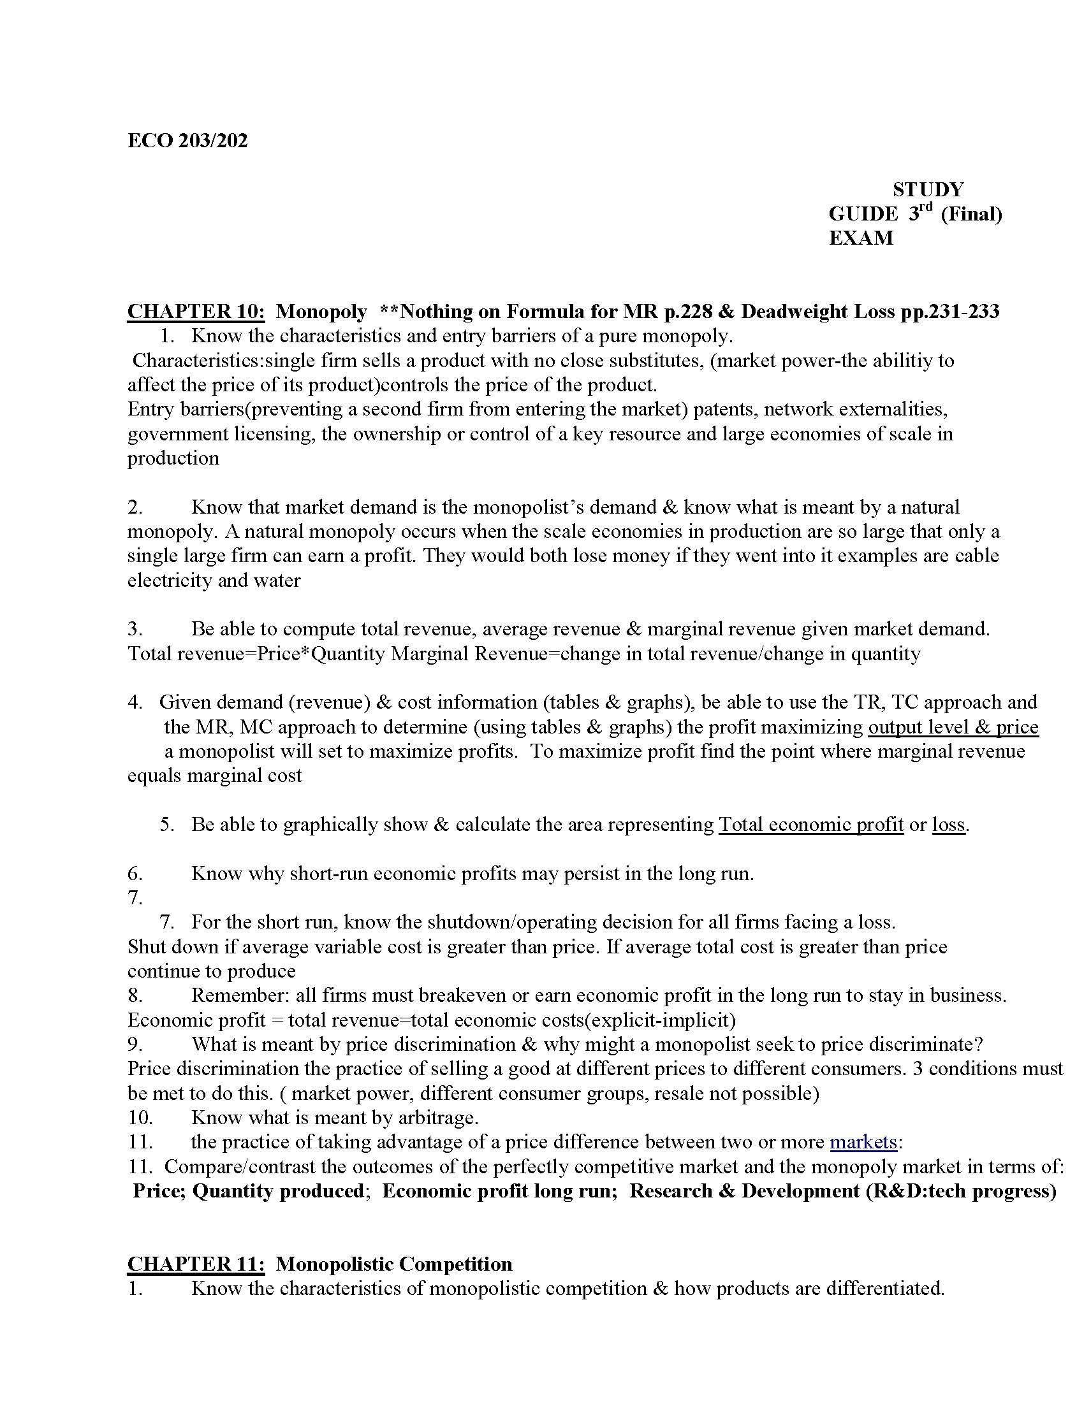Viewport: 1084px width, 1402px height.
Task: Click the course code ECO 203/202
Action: tap(187, 141)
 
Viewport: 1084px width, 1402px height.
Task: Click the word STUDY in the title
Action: tap(928, 189)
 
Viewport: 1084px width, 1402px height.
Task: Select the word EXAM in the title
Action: tap(861, 238)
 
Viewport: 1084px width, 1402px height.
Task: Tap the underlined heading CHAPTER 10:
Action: tap(196, 312)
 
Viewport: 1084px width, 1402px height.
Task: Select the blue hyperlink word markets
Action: tap(863, 1142)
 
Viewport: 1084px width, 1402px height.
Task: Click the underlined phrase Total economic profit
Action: tap(811, 825)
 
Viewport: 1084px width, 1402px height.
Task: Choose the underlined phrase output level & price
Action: tap(953, 726)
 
